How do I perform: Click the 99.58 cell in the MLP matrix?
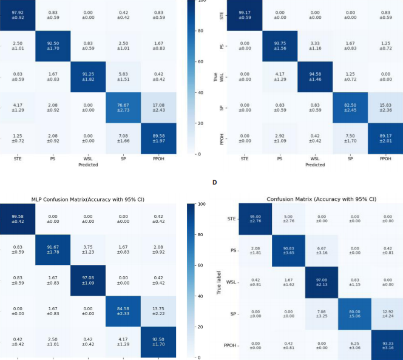[x=18, y=220]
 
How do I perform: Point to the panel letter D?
[x=214, y=181]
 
